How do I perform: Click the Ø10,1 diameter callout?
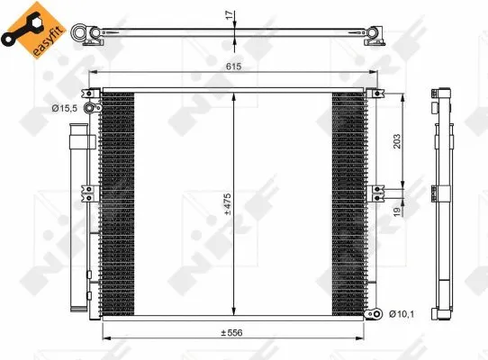click(x=402, y=313)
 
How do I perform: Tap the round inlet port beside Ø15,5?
click(x=90, y=109)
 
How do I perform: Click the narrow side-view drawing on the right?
click(x=442, y=202)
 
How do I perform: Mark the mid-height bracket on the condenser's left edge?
click(x=89, y=191)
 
